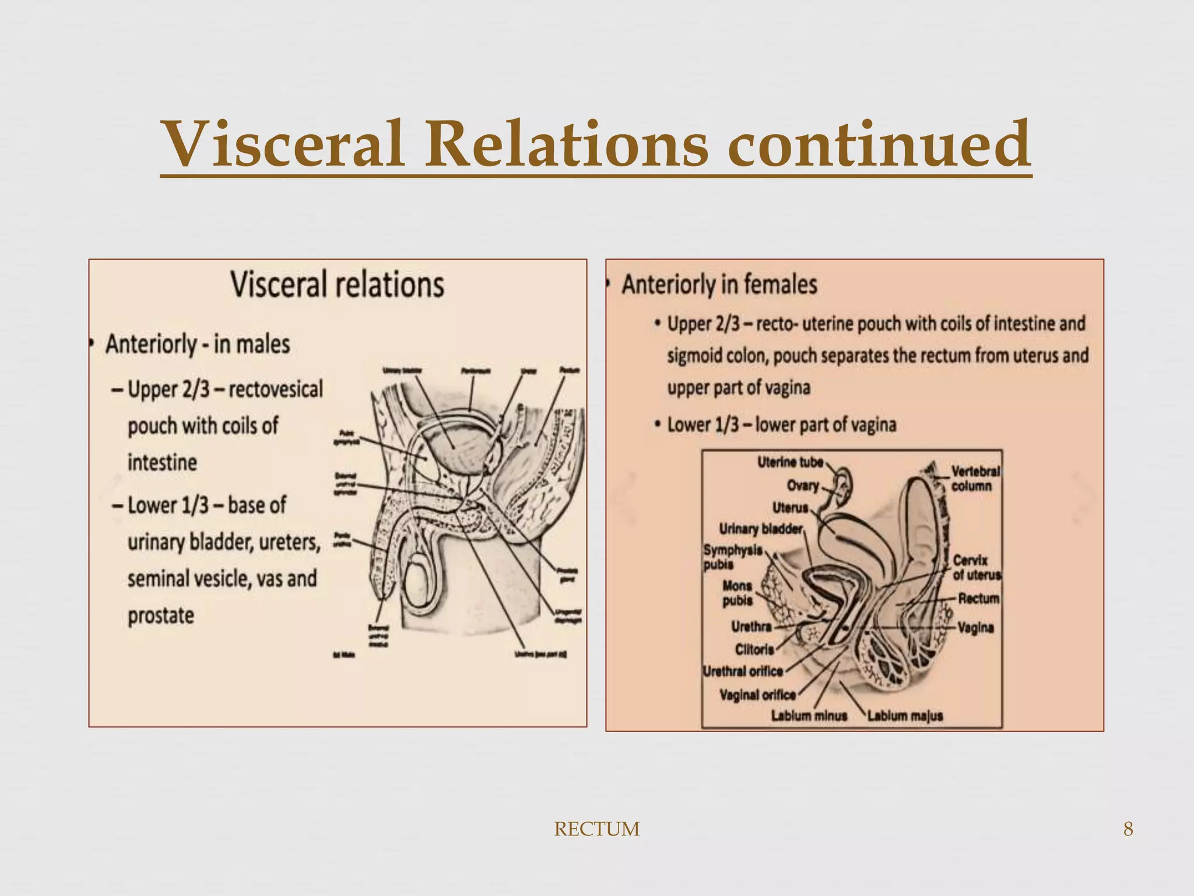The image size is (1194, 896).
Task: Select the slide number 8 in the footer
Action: click(1128, 829)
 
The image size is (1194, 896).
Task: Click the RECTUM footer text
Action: click(596, 829)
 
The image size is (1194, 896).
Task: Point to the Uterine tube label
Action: click(790, 463)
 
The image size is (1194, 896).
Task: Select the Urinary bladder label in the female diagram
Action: click(760, 529)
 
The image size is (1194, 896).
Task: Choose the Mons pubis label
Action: click(737, 593)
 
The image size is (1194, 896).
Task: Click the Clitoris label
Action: click(754, 649)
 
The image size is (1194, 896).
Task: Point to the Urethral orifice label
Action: click(743, 671)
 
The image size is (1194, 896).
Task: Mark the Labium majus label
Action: click(905, 716)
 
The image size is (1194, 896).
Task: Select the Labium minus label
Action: click(809, 716)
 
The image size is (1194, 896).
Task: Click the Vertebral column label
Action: click(975, 478)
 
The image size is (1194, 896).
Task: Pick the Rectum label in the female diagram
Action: click(978, 598)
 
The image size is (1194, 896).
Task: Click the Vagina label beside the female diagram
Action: click(975, 628)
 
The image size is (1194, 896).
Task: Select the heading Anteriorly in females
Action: click(719, 285)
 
